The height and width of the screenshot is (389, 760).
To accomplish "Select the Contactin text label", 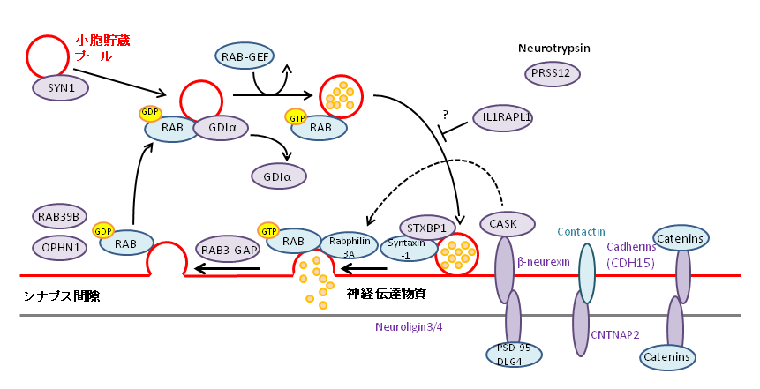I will pos(583,231).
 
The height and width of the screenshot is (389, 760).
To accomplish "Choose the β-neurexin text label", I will pos(546,262).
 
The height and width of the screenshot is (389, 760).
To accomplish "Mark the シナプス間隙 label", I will pos(61,295).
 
